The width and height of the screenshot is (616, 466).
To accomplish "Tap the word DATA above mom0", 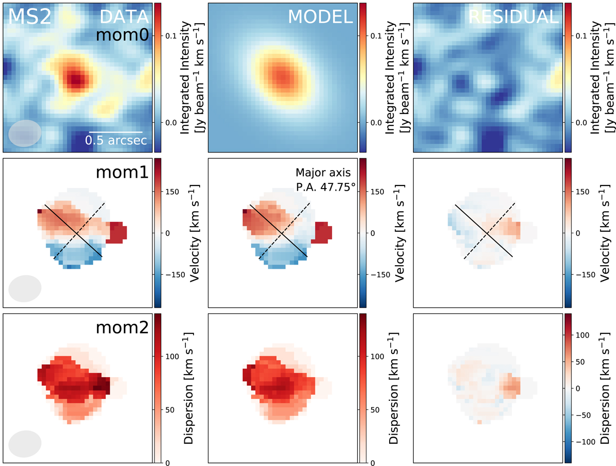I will pos(123,17).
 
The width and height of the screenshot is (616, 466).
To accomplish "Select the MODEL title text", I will pos(320,17).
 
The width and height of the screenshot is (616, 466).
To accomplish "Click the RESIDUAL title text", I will pos(513,17).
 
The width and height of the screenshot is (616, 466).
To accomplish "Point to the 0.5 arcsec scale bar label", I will pos(116,140).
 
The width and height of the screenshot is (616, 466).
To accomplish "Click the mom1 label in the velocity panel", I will pos(122,172).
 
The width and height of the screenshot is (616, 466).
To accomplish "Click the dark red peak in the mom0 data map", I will pos(75,79).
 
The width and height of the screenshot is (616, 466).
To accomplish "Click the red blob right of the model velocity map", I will pos(324,233).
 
